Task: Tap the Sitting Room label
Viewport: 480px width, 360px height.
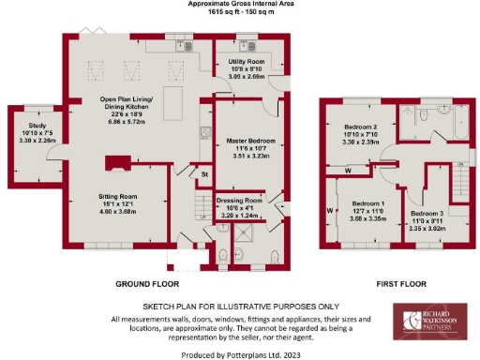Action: (118, 198)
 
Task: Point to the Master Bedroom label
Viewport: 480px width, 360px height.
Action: (248, 142)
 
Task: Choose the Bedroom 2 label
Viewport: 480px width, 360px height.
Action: (359, 127)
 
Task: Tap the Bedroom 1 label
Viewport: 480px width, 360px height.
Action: (368, 203)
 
